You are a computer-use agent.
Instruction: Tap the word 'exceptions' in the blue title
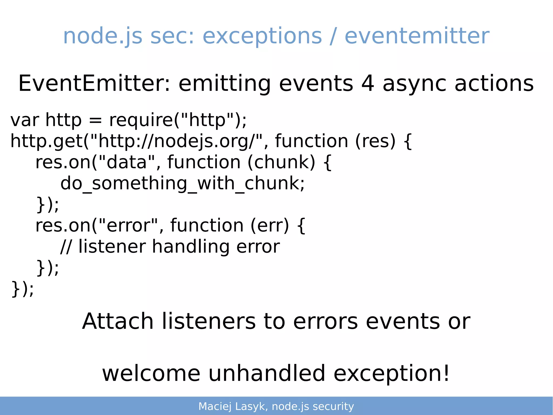point(262,36)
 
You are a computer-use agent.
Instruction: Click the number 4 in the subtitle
point(367,84)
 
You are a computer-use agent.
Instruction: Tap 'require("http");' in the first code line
point(178,120)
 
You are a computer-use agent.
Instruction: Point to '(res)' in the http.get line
point(375,141)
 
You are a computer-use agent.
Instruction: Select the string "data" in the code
point(127,162)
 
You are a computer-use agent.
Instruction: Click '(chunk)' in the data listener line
point(281,162)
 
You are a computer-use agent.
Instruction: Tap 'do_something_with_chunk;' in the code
point(183,184)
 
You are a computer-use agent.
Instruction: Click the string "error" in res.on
point(128,225)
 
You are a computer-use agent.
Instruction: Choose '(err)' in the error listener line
point(269,225)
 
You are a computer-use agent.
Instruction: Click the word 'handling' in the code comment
point(191,247)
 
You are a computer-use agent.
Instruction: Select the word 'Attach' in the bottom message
point(118,321)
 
